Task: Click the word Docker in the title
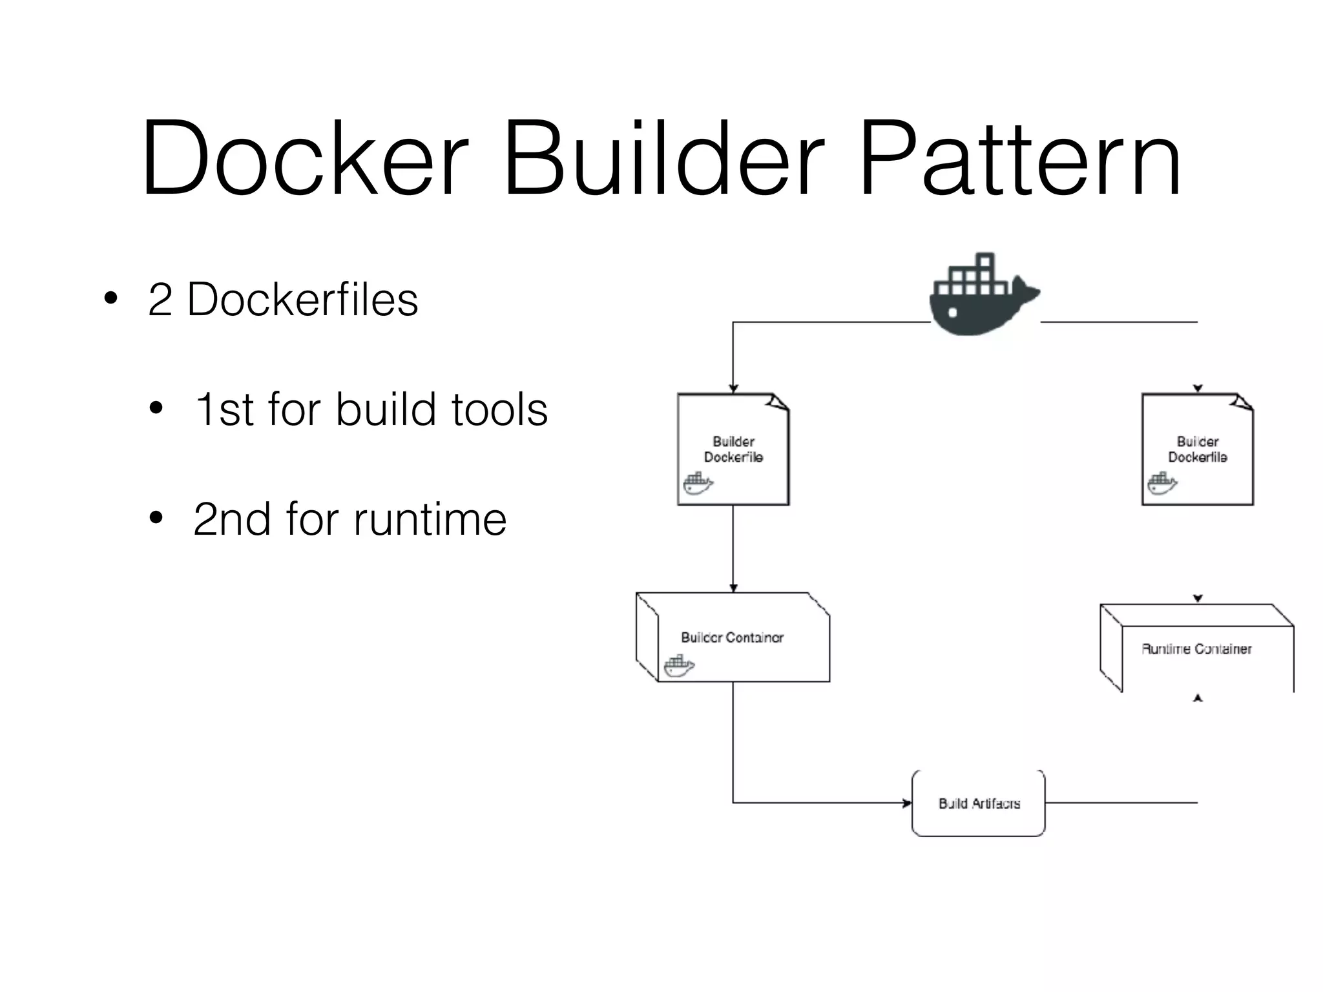click(x=304, y=158)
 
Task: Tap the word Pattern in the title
click(x=1021, y=158)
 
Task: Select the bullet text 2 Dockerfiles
click(x=283, y=300)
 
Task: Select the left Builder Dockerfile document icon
click(x=733, y=449)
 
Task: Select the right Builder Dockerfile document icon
click(x=1197, y=449)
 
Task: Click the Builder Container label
click(x=732, y=637)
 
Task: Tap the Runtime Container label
click(x=1196, y=648)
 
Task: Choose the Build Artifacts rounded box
click(x=978, y=803)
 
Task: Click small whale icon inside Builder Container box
click(x=679, y=666)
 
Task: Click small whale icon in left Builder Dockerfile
click(x=698, y=483)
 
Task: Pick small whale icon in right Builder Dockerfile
click(x=1162, y=483)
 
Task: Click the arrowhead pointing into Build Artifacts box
click(x=907, y=803)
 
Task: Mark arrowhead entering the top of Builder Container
click(x=733, y=588)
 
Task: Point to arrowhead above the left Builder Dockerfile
click(x=733, y=389)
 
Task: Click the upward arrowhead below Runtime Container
click(x=1198, y=697)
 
